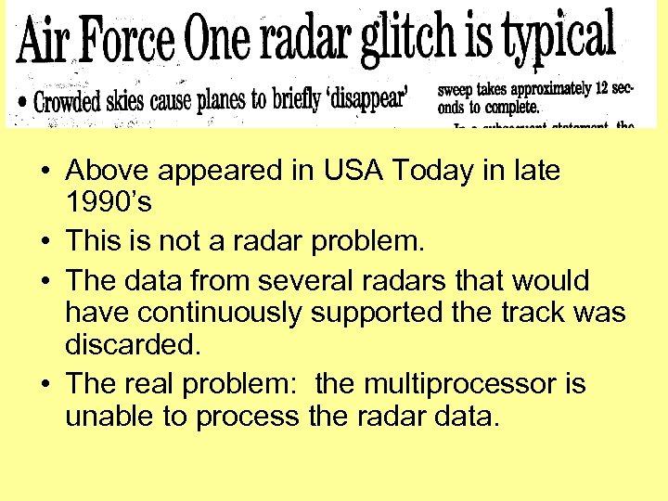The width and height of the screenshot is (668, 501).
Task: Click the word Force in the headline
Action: (x=130, y=40)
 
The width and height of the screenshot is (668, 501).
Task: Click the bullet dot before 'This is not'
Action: (x=45, y=243)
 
